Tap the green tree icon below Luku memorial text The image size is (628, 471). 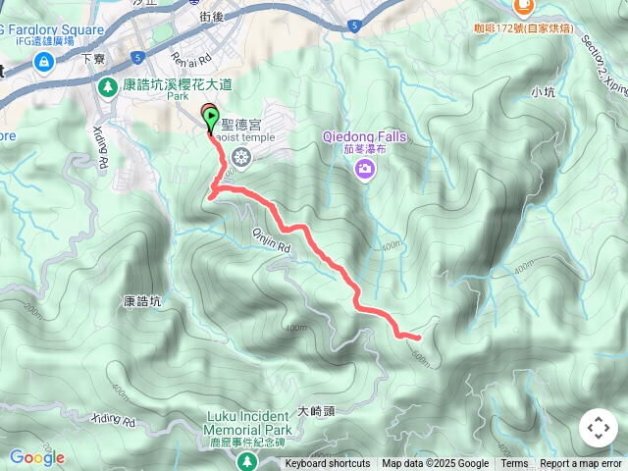point(249,460)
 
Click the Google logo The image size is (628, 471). point(36,457)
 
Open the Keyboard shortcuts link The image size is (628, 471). point(328,464)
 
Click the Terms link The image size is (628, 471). point(514,464)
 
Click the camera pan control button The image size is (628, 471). point(598,428)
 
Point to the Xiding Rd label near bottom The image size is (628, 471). point(115,420)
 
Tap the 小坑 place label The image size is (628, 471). point(542,92)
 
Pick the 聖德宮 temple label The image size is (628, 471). point(241,124)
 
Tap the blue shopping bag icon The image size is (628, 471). point(43,62)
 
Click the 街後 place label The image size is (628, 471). point(213,17)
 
